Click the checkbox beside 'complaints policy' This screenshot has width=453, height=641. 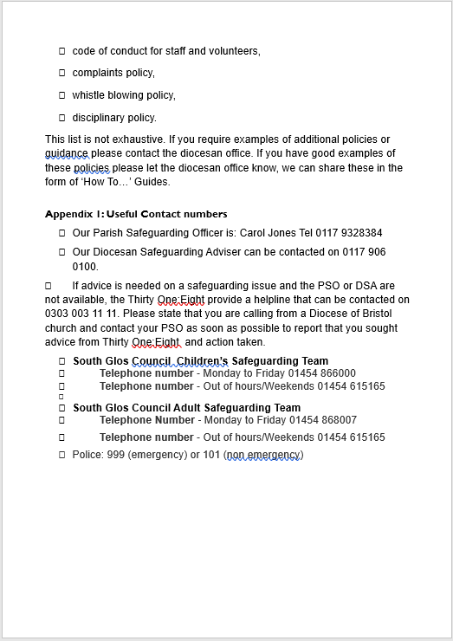(x=62, y=73)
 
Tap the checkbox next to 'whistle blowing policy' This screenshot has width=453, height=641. (x=62, y=95)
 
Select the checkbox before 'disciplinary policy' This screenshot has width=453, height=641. (x=62, y=118)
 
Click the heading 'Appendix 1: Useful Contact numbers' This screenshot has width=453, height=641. (x=136, y=214)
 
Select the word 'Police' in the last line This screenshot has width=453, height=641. (x=87, y=455)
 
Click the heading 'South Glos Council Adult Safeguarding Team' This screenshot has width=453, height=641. (x=186, y=408)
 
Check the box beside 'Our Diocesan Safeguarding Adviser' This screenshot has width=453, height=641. (x=62, y=252)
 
